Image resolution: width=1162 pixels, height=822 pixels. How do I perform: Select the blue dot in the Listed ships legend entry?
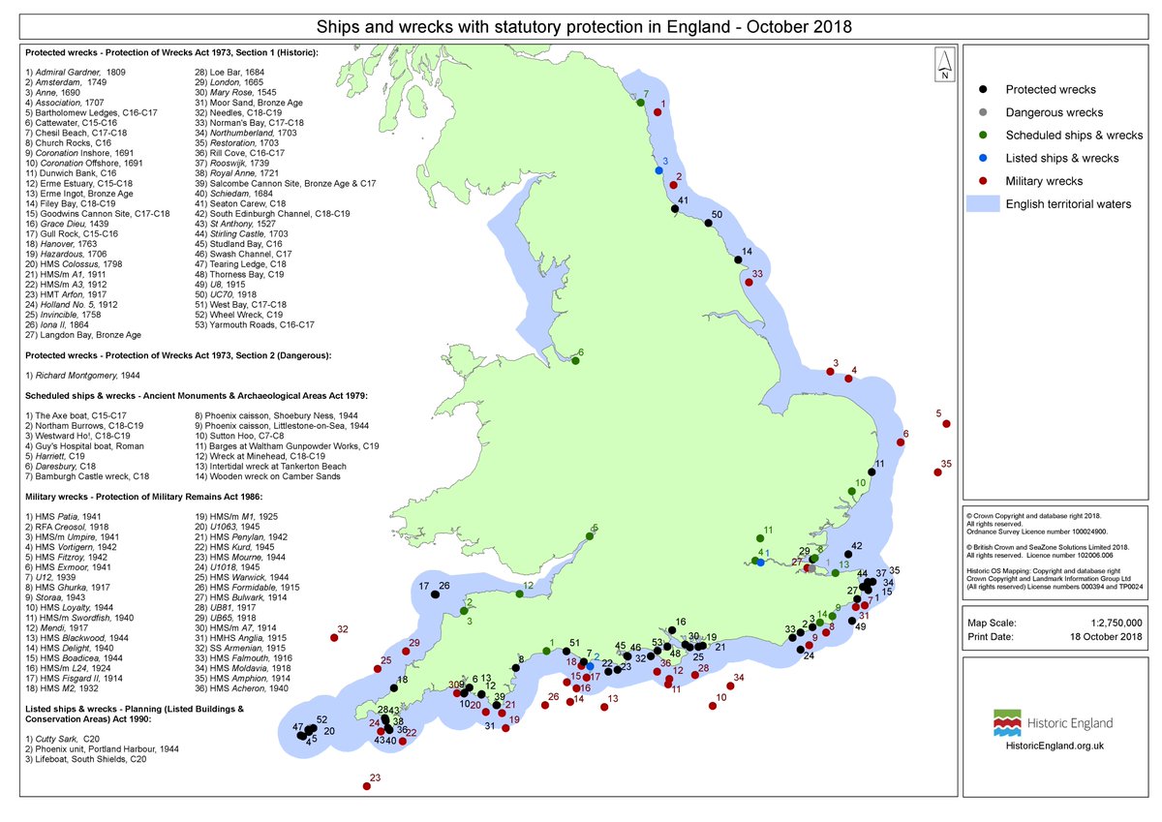pos(983,158)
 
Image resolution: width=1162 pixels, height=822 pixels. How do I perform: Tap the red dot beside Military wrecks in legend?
pos(983,181)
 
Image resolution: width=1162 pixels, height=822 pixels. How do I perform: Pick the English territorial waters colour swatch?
pos(983,204)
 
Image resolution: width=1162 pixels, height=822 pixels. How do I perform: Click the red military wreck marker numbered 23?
pos(366,787)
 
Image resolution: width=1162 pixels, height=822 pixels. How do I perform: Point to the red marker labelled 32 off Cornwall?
pos(334,640)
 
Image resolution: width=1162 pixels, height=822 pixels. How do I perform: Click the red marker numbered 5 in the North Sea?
pos(946,424)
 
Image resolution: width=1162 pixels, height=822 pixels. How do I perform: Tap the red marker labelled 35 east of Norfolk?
pos(937,472)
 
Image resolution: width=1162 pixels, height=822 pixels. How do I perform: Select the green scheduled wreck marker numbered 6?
pos(576,361)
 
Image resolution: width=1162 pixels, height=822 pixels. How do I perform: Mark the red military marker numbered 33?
pos(747,283)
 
